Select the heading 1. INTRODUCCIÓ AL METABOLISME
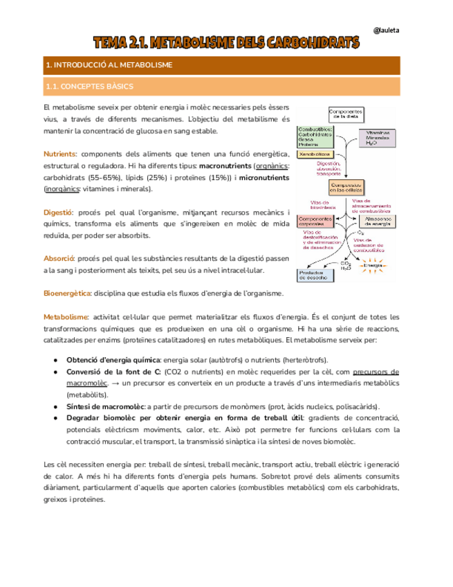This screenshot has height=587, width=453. pos(108,65)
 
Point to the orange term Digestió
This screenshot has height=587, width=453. pos(58,212)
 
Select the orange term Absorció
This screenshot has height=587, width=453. pos(59,258)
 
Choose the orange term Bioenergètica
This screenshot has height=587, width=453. pos(66,293)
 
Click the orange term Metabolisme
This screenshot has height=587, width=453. pos(66,316)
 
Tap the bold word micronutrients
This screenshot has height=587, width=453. pos(264,177)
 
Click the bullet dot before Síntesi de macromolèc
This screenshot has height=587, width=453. pos(55,406)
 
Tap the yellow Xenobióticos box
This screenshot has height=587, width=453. pos(315,154)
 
